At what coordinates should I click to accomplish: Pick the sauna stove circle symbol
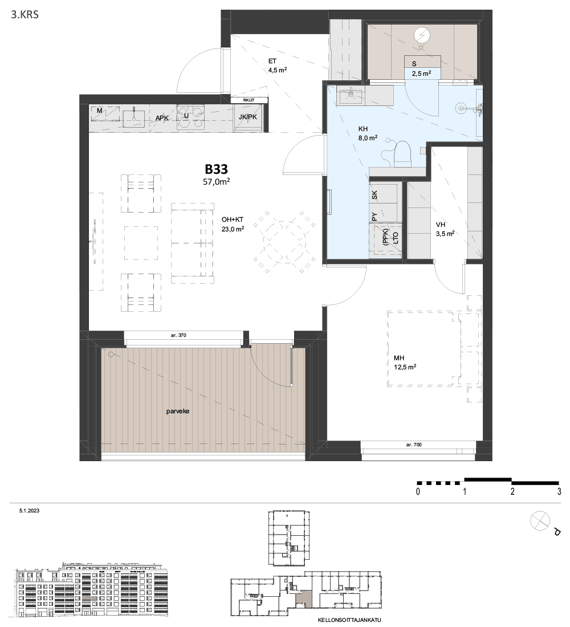421,35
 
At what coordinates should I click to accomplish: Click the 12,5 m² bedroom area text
405,368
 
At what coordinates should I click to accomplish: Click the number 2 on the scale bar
512,491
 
